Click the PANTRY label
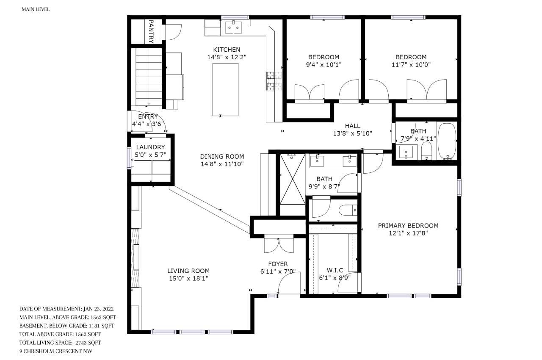(x=151, y=31)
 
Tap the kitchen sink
(x=233, y=28)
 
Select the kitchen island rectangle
(x=225, y=90)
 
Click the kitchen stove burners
(x=274, y=81)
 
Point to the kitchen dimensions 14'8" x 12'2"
(x=227, y=57)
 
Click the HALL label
(x=353, y=126)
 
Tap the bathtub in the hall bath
(x=447, y=141)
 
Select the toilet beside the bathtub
(x=426, y=151)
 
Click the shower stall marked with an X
(x=293, y=179)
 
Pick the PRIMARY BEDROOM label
(x=408, y=225)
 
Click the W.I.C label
(x=335, y=270)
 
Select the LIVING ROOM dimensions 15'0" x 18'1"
(x=188, y=278)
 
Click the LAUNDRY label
(x=150, y=147)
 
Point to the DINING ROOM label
(x=222, y=157)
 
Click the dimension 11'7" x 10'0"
(x=411, y=65)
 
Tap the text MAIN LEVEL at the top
(x=36, y=9)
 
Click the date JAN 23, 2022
(x=99, y=309)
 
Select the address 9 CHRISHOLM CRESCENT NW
(x=56, y=351)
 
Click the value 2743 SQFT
(x=88, y=343)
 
